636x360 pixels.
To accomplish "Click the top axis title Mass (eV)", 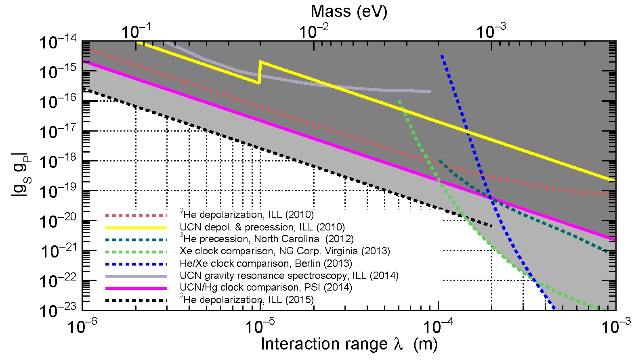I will [349, 11].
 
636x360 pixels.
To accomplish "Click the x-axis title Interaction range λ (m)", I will [349, 344].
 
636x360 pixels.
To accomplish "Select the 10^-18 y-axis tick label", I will [58, 162].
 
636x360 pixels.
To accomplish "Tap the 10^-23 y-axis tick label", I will [58, 311].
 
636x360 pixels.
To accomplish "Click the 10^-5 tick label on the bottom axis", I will [260, 326].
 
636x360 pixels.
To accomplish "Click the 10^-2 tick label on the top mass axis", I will [314, 31].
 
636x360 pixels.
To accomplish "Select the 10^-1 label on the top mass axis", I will [136, 31].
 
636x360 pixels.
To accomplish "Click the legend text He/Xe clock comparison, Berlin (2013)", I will [266, 264].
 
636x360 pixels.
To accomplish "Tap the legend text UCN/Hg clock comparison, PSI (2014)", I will [266, 287].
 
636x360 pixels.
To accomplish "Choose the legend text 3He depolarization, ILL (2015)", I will [247, 299].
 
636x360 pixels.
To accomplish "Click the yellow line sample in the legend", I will [136, 228].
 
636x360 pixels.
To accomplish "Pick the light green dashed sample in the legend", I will [136, 252].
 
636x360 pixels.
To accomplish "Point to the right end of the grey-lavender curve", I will [430, 92].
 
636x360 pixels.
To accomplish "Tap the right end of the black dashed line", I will [491, 226].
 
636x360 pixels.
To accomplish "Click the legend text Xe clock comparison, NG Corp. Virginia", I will [285, 251].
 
